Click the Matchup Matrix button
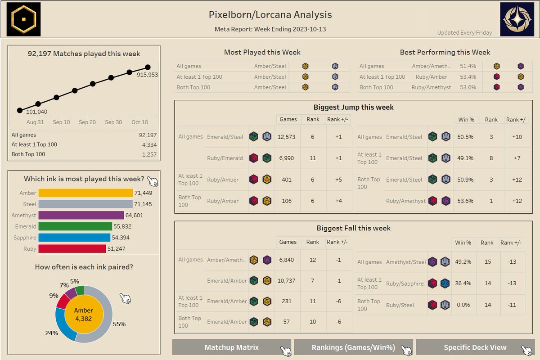click(x=231, y=347)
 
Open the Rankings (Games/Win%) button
click(x=353, y=347)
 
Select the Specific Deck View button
click(x=475, y=347)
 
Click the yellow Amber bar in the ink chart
click(x=85, y=193)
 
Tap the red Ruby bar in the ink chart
click(x=75, y=248)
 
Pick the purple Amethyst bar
click(x=81, y=216)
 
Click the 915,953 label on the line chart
click(x=147, y=75)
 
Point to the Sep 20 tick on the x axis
click(x=87, y=122)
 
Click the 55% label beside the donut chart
click(x=119, y=324)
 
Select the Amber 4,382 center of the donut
click(x=83, y=314)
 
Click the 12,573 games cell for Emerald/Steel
click(x=287, y=137)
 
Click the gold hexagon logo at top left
click(x=23, y=19)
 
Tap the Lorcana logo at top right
click(x=517, y=19)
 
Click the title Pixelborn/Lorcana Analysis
click(x=270, y=15)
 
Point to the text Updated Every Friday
click(x=464, y=33)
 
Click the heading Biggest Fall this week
click(x=353, y=228)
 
